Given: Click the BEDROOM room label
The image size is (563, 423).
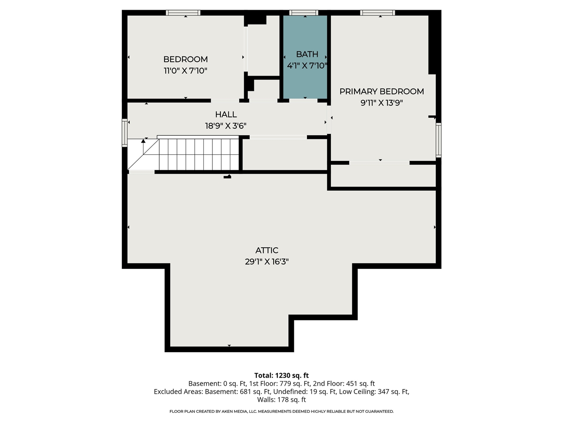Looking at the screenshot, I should pos(185,59).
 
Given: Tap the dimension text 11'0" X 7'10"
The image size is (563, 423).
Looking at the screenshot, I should pos(185,70).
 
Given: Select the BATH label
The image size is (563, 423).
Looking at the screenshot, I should pos(307,54).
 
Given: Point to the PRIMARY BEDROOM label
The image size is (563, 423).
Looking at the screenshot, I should pos(381,91).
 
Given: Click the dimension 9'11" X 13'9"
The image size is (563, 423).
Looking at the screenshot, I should pos(381,103).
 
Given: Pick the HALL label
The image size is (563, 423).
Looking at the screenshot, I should pos(226,115).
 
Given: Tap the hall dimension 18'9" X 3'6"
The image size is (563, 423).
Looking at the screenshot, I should pos(226,126).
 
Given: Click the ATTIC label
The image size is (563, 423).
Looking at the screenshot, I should pos(267,250).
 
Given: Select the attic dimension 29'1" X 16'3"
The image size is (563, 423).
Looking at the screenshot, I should pos(267,262).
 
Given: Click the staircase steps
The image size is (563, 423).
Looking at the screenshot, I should pos(198,154).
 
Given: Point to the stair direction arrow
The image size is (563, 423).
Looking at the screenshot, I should pos(143,142).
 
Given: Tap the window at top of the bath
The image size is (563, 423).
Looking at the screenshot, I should pos(304,13).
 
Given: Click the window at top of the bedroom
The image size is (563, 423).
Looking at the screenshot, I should pos(183,13).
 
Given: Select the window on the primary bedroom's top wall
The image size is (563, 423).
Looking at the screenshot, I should pos(377,13).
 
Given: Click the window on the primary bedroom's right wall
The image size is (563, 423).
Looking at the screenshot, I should pos(439,140).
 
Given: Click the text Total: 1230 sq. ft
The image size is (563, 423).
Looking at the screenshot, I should pos(281,375).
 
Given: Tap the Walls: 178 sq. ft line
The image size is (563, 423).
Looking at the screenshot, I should pos(281,400).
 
